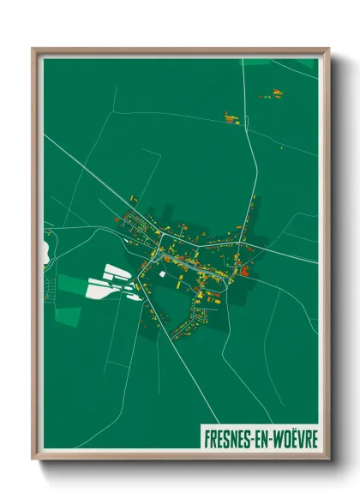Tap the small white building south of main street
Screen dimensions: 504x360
tap(160, 273)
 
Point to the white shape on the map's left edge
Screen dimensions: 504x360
tap(44, 254)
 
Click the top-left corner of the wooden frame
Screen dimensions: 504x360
tap(34, 50)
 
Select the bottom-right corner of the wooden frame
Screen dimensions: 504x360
tap(327, 459)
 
